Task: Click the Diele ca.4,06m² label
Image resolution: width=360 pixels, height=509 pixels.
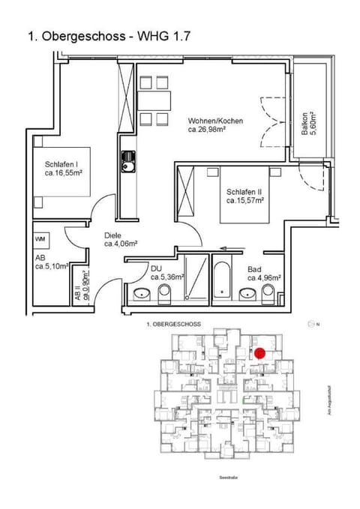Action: pos(118,239)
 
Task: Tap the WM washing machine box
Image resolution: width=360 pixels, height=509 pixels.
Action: pos(41,238)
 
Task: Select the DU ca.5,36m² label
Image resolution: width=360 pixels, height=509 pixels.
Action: pos(166,272)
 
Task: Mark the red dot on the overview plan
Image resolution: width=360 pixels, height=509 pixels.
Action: pos(259,353)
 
